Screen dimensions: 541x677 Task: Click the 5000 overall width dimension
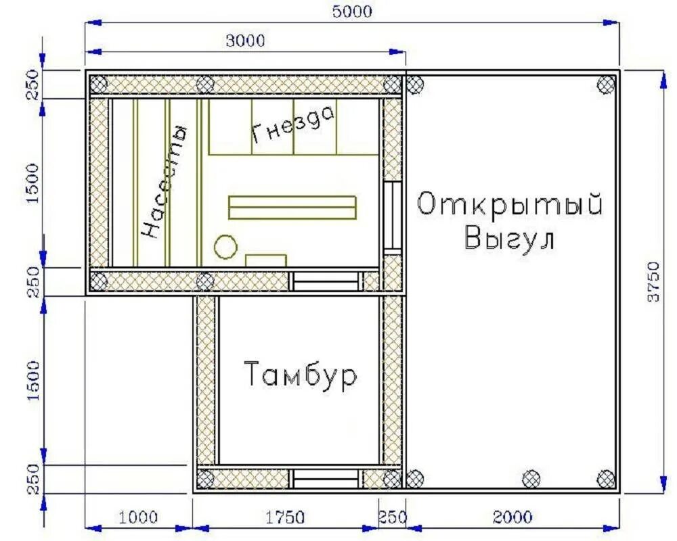[x=352, y=11]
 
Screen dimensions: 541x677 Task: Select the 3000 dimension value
[x=245, y=41]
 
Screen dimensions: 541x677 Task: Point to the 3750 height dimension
[x=653, y=280]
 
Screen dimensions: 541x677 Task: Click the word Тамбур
[x=299, y=375]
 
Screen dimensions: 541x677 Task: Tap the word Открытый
[x=509, y=204]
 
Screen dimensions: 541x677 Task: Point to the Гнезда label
[x=294, y=125]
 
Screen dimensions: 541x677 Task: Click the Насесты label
[x=163, y=181]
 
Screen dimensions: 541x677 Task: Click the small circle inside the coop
[x=225, y=246]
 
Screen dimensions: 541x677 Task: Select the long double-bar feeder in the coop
[x=292, y=208]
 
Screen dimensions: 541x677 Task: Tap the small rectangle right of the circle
[x=265, y=260]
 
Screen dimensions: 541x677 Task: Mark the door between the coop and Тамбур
[x=326, y=281]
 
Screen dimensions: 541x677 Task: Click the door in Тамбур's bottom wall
[x=326, y=479]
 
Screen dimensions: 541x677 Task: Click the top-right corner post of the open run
[x=605, y=85]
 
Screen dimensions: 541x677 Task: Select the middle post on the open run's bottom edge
[x=532, y=479]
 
